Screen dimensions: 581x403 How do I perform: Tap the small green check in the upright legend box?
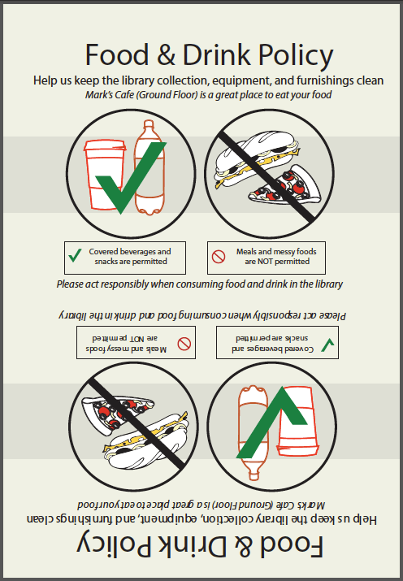[75, 257]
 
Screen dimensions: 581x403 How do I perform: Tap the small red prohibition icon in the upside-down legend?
[184, 344]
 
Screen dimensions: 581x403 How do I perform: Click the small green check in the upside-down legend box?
[327, 345]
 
